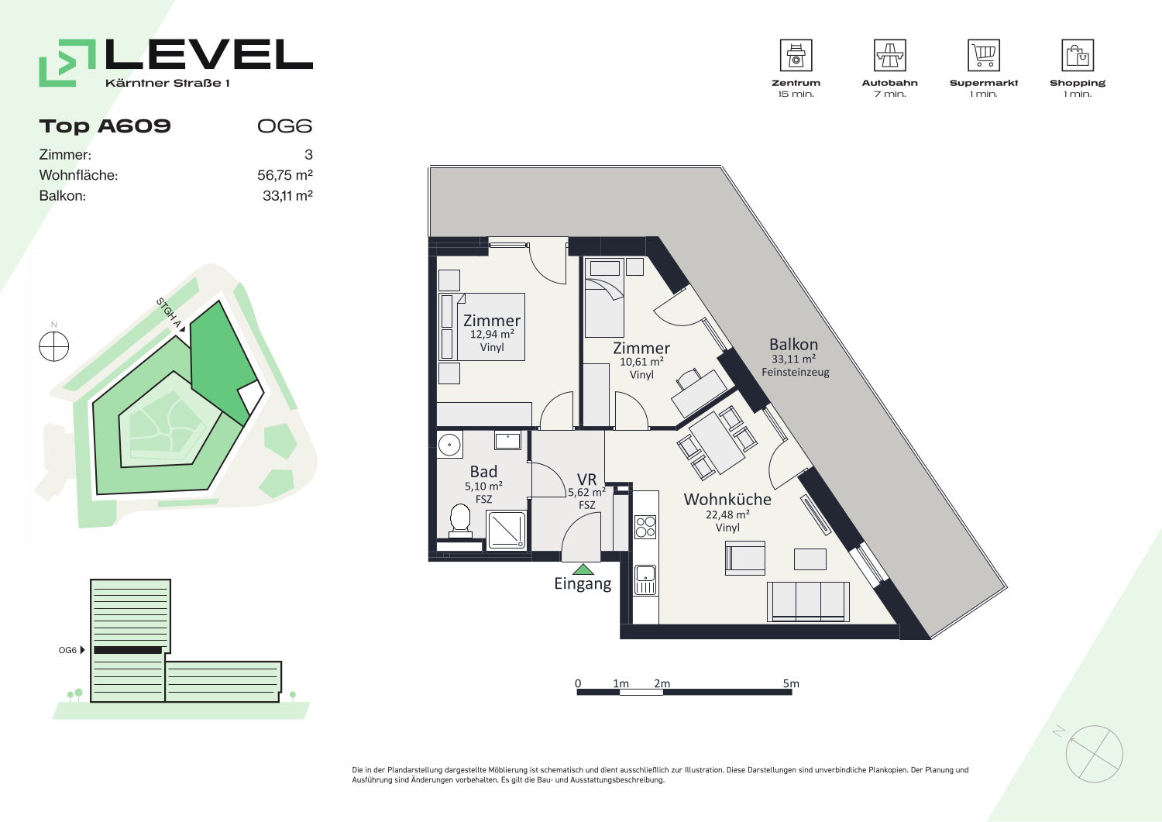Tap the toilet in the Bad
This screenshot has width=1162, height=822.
[460, 521]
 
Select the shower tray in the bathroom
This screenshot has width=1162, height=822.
[507, 530]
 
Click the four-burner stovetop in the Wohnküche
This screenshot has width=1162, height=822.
[645, 527]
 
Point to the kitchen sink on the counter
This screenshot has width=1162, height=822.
[645, 580]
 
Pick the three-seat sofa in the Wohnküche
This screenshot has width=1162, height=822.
[808, 601]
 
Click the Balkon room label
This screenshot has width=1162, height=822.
[794, 345]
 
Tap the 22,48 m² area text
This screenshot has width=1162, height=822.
[727, 514]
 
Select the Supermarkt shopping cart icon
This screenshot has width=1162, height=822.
[984, 55]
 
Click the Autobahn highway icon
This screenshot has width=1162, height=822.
[889, 55]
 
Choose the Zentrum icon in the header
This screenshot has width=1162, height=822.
[796, 55]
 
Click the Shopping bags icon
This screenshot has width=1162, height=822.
[1078, 55]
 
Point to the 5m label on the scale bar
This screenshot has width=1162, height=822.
[791, 683]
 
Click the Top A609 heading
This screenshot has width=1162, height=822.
[105, 126]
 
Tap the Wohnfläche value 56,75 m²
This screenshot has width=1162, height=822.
[285, 175]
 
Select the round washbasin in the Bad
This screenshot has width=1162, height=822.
[449, 445]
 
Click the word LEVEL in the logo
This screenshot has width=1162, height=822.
[209, 54]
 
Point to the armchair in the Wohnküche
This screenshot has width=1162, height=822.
[745, 559]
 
